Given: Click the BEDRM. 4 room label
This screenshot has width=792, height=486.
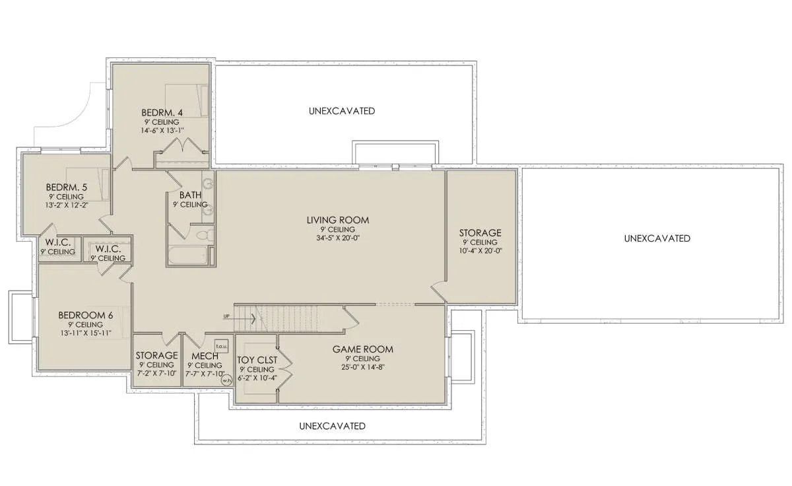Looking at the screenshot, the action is pyautogui.click(x=162, y=112).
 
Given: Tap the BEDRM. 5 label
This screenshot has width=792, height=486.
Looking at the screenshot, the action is pyautogui.click(x=67, y=187).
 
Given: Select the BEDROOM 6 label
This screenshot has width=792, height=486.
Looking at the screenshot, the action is pyautogui.click(x=86, y=315).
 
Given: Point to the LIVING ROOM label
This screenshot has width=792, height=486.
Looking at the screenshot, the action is pyautogui.click(x=338, y=220).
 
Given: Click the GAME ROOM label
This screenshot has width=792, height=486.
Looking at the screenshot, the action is pyautogui.click(x=363, y=349).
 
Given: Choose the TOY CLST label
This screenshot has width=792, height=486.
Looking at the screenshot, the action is pyautogui.click(x=257, y=360).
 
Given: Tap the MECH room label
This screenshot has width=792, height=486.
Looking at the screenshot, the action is pyautogui.click(x=205, y=356).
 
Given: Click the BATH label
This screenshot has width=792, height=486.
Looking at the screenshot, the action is pyautogui.click(x=190, y=195).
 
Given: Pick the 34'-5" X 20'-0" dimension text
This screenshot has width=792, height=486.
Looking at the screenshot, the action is pyautogui.click(x=338, y=238).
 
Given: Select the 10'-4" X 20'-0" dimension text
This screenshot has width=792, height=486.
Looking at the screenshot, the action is pyautogui.click(x=480, y=251).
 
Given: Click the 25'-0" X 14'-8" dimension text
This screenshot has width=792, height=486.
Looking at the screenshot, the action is pyautogui.click(x=363, y=367).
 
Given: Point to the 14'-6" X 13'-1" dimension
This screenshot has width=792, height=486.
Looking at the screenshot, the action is pyautogui.click(x=162, y=130).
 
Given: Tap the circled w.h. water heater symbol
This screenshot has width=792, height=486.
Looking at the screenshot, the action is pyautogui.click(x=226, y=380).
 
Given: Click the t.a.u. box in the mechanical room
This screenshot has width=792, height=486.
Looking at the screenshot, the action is pyautogui.click(x=221, y=346).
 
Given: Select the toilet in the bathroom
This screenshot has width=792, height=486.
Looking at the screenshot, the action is pyautogui.click(x=205, y=235).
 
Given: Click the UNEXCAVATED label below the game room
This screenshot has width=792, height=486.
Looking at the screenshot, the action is pyautogui.click(x=332, y=426).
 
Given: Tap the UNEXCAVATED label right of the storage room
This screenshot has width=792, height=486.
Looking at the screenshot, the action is pyautogui.click(x=657, y=238).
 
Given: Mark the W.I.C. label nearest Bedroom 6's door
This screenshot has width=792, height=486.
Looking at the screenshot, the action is pyautogui.click(x=108, y=249).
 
